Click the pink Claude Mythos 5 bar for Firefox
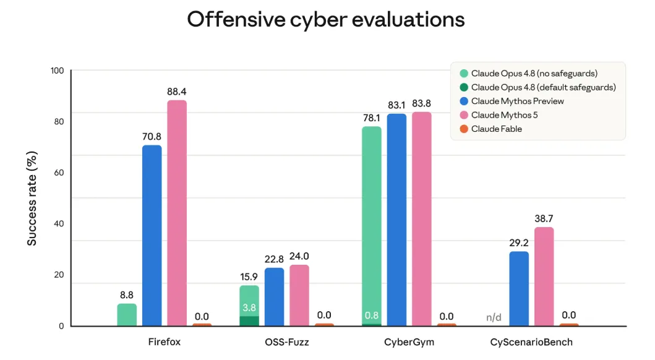(177, 213)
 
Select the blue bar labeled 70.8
(152, 235)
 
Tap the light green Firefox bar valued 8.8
(127, 314)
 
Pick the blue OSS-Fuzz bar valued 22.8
(275, 296)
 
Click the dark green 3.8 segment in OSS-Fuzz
(249, 321)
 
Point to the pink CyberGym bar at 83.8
(422, 219)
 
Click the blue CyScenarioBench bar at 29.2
(520, 289)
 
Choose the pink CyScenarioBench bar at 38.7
(544, 276)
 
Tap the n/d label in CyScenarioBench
(494, 317)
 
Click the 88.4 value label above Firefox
(177, 92)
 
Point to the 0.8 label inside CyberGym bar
(372, 315)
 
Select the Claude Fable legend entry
(491, 129)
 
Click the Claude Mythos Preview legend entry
(512, 101)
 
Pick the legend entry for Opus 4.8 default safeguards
(537, 87)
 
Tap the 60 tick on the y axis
(59, 173)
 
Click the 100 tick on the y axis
(58, 71)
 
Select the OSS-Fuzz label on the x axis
(287, 342)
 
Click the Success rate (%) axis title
(32, 199)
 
